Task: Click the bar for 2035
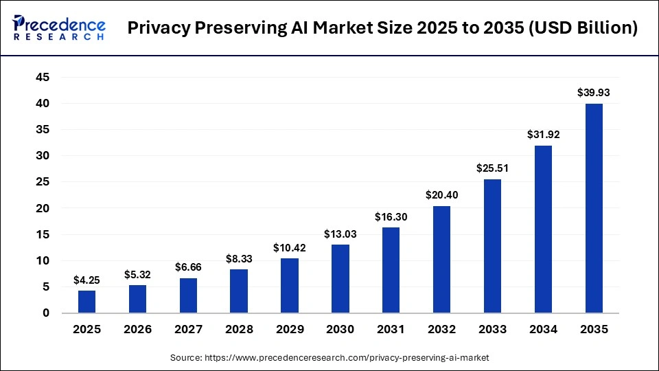(594, 208)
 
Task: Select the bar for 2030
(340, 278)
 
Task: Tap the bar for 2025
(87, 302)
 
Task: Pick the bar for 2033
(492, 246)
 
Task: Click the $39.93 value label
(594, 92)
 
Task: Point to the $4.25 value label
(87, 280)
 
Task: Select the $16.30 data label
(391, 216)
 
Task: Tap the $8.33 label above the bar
(240, 258)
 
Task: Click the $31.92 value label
(543, 134)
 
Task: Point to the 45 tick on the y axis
(43, 77)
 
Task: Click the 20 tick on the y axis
(43, 208)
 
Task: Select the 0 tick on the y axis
(46, 313)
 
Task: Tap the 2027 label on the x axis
(189, 330)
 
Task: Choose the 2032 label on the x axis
(442, 330)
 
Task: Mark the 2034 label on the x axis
(543, 330)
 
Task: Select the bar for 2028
(240, 291)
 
